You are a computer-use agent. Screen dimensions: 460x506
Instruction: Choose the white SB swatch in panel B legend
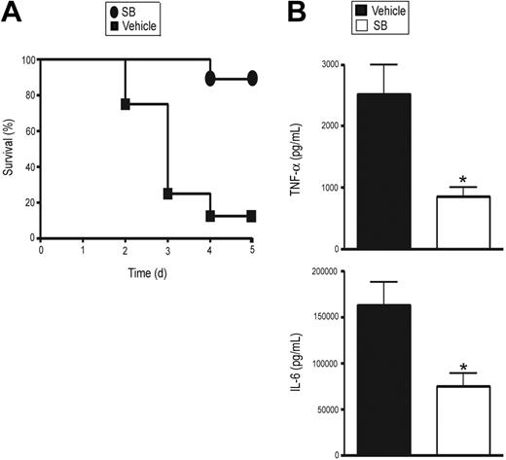[x=343, y=26]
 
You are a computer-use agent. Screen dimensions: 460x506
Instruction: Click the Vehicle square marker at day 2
[x=125, y=103]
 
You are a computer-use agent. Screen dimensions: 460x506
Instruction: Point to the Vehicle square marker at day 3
[x=167, y=194]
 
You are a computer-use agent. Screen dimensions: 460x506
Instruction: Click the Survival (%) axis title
[x=9, y=149]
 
